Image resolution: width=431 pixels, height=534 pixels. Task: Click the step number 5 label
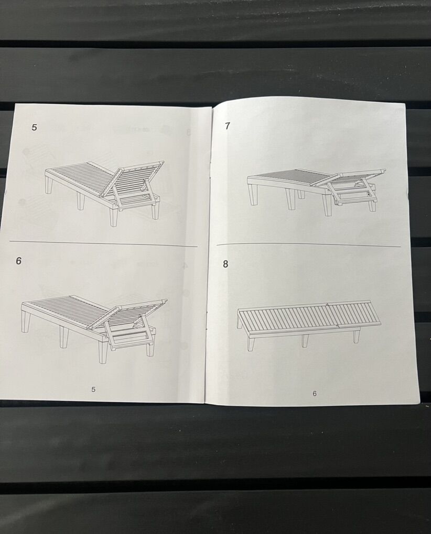(x=34, y=127)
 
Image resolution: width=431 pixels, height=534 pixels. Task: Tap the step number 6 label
(x=19, y=261)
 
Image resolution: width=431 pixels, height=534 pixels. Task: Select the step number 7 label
(x=228, y=126)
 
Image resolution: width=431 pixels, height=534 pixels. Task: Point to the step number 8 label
(x=225, y=264)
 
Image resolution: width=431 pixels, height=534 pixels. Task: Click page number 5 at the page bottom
(x=93, y=390)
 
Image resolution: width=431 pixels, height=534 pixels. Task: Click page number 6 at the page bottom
(x=315, y=393)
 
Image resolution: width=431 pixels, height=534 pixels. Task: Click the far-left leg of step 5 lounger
(x=49, y=184)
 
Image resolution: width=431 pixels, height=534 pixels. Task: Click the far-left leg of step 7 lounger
(x=253, y=194)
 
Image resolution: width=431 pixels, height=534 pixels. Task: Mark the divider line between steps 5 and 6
(x=103, y=244)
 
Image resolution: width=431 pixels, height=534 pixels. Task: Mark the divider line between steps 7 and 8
(x=308, y=245)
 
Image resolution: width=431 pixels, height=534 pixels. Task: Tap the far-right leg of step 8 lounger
(x=357, y=336)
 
